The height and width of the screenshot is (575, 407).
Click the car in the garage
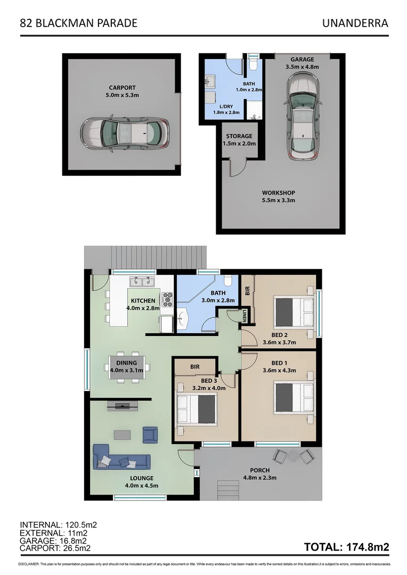[x=302, y=115]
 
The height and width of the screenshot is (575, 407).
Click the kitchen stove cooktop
[x=167, y=299]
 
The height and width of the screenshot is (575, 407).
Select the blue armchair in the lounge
[x=150, y=435]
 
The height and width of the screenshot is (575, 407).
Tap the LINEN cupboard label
[x=246, y=314]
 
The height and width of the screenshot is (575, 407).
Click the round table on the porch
[x=292, y=456]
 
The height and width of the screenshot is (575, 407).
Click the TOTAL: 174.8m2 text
[x=346, y=547]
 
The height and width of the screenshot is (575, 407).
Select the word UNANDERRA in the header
[x=355, y=23]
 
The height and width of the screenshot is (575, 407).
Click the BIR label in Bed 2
[x=247, y=291]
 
